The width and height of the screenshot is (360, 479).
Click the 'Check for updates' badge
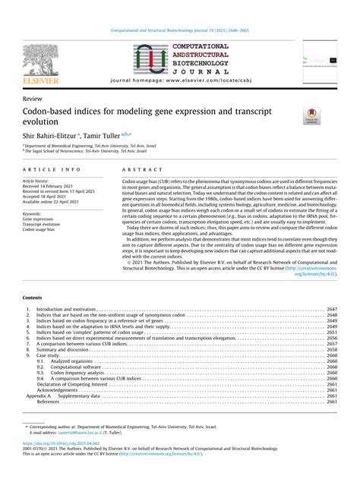click(x=312, y=115)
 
